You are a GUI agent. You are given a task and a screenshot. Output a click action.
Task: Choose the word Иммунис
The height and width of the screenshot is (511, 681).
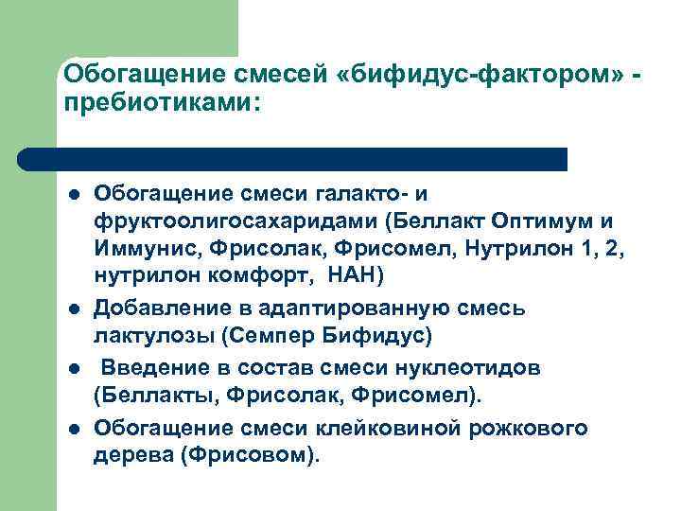pos(139,248)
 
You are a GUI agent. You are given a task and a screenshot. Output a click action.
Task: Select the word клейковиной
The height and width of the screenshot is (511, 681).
pos(394,428)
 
